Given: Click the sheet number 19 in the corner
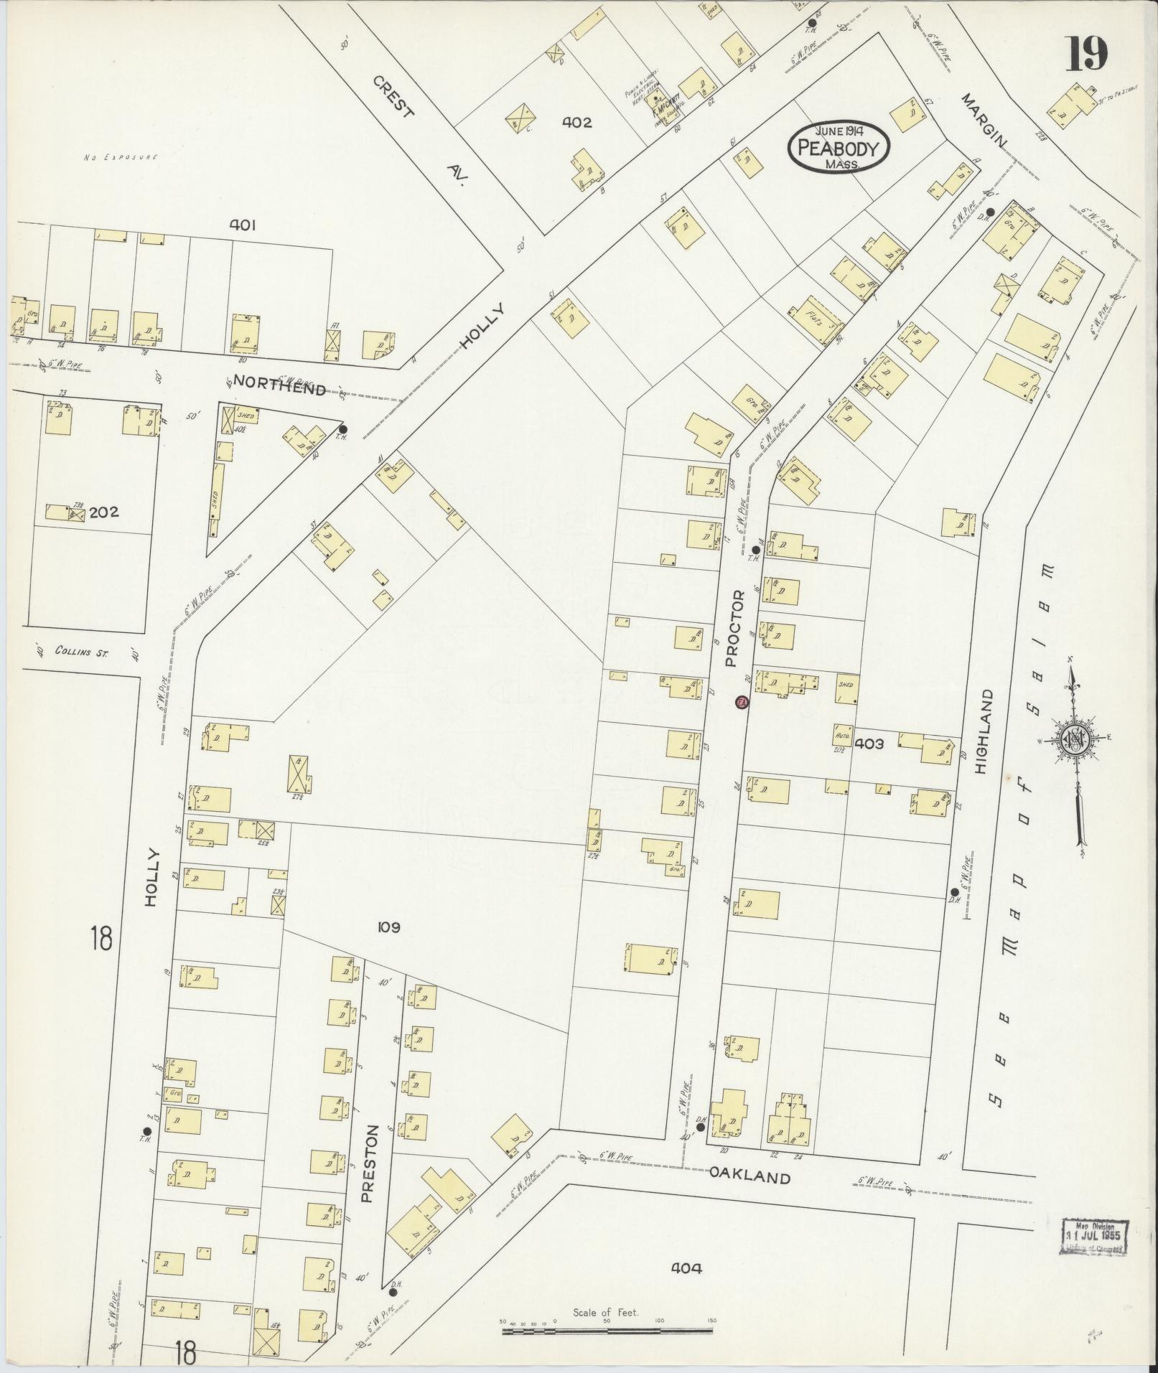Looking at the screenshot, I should pos(1085,53).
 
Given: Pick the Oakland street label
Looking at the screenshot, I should pos(750,1177).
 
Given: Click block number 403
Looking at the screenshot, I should pos(869,744).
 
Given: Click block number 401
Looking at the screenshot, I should pos(243,225).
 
